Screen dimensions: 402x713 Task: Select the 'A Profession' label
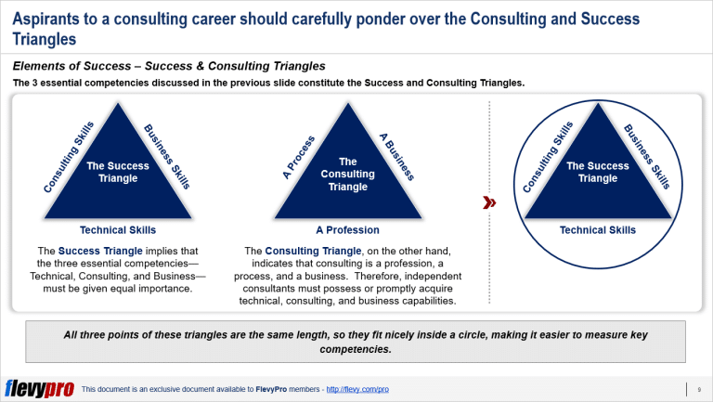pos(347,229)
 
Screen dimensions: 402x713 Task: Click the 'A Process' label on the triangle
pos(299,156)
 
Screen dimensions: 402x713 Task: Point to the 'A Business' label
pos(396,155)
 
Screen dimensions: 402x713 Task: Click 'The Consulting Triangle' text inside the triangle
pos(347,174)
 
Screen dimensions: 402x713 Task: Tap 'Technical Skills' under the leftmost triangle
pos(118,229)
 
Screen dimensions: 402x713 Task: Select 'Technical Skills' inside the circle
pos(597,229)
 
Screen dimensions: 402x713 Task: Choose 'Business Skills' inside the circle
pos(646,155)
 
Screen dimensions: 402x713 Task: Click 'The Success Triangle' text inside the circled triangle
pos(597,172)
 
